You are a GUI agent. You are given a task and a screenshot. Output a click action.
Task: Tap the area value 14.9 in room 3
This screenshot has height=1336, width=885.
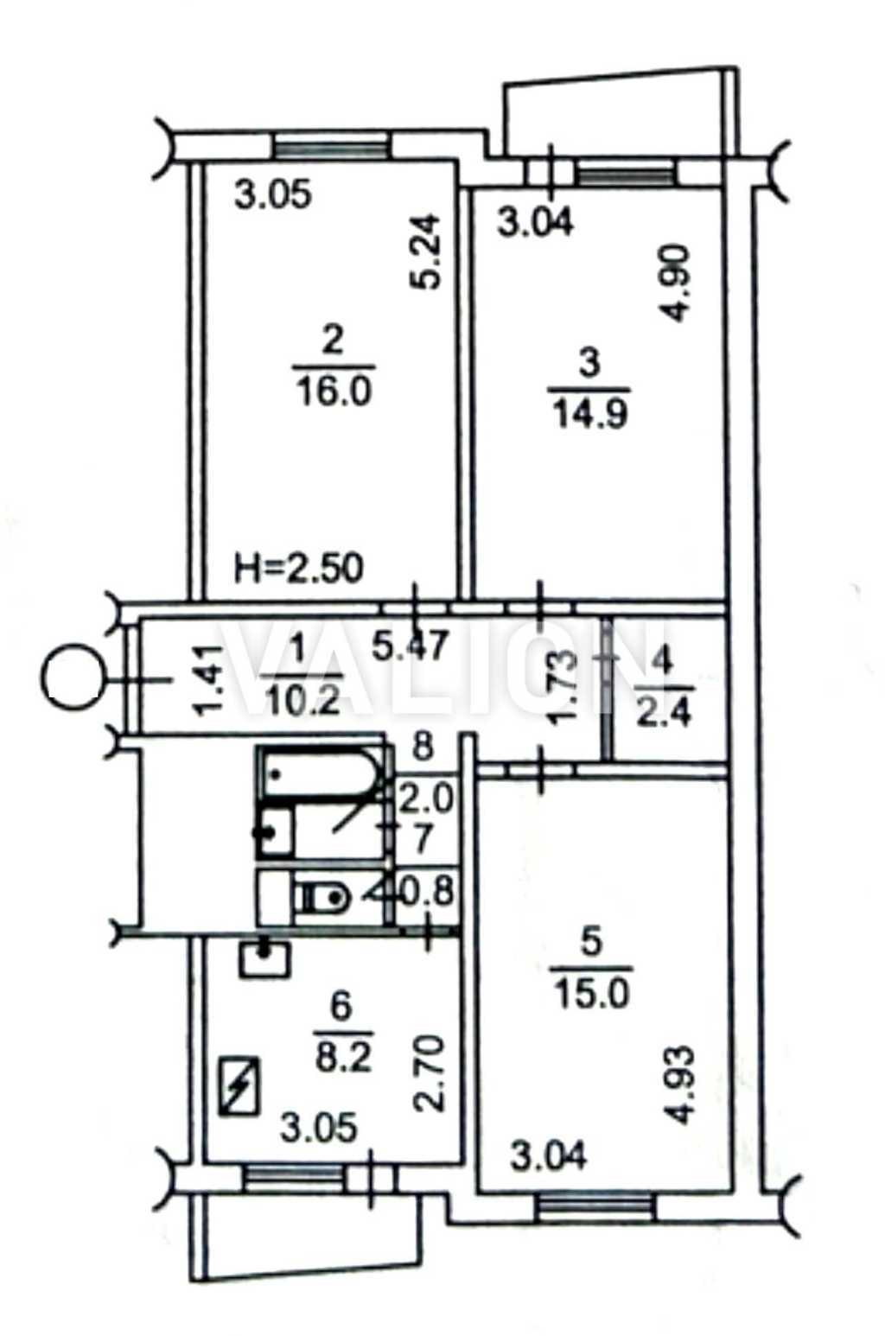[x=588, y=414]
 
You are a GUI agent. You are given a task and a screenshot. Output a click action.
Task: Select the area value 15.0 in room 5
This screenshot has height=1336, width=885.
[x=592, y=994]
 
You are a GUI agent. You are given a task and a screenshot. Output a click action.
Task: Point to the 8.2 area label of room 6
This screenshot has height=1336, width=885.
[x=342, y=1058]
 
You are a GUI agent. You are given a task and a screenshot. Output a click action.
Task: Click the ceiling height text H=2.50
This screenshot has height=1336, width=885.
[x=300, y=569]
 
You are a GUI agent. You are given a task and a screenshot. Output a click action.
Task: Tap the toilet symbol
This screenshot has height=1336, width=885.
[x=322, y=899]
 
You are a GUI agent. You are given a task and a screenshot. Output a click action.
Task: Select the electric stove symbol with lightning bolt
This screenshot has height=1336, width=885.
[x=241, y=1085]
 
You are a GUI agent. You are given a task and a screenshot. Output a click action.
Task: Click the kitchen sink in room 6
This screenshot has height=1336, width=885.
[x=265, y=959]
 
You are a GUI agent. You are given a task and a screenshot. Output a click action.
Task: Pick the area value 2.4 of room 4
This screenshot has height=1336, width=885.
[x=664, y=715]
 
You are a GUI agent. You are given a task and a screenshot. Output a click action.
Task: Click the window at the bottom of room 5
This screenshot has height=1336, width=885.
[x=593, y=1205]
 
